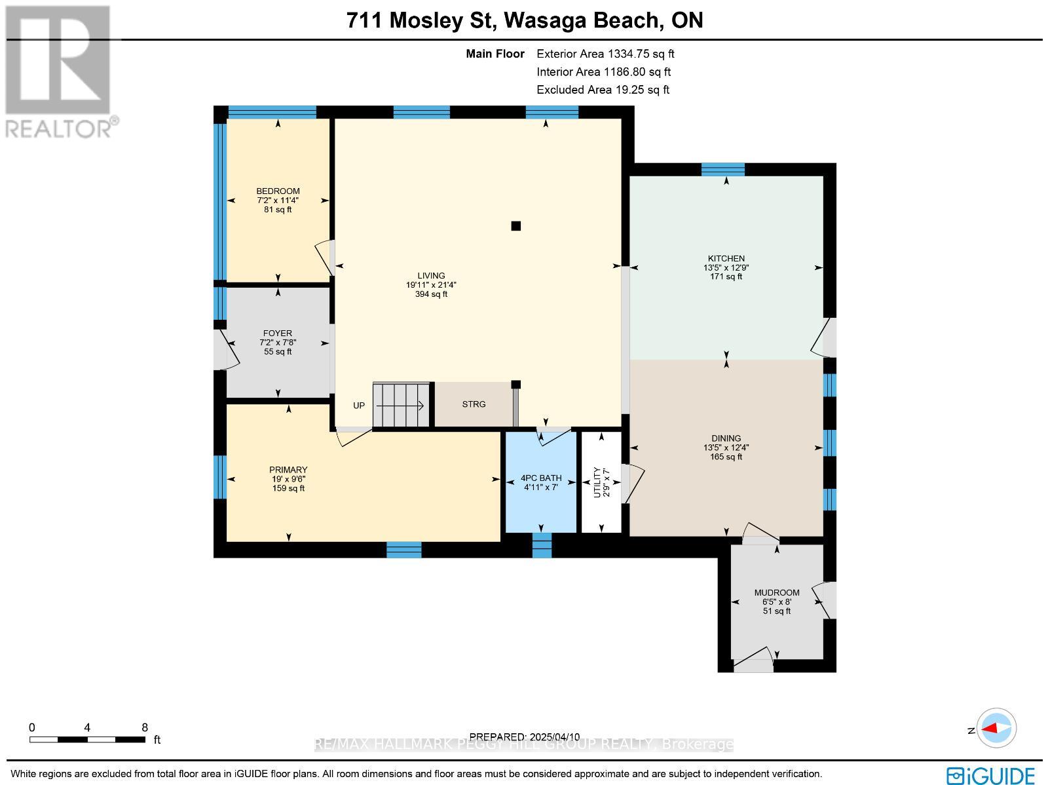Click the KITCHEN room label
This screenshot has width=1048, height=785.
pos(726,258)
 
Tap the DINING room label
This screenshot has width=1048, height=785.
pos(726,438)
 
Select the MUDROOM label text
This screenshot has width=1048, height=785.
pos(776,592)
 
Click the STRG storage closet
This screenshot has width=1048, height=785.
pos(474,404)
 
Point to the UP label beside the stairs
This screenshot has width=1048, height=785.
pos(359,406)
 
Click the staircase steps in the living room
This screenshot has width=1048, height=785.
pos(401,405)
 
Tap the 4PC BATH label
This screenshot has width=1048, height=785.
pos(540,478)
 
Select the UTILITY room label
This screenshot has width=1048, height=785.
pos(597,482)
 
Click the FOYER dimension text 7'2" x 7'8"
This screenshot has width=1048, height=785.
pos(278,343)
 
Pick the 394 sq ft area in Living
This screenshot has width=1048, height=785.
pos(431,294)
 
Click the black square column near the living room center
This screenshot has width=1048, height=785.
pos(515,226)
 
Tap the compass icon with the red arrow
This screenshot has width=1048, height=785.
pos(996,728)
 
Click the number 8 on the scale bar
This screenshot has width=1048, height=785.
pos(145,727)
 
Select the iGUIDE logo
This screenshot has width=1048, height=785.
pos(991,776)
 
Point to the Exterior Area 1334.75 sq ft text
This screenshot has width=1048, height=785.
pos(605,54)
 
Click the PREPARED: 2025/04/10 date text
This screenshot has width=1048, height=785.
pos(525,737)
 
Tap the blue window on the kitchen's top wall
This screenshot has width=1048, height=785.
pos(722,170)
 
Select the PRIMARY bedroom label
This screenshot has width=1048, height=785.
pos(288,470)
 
